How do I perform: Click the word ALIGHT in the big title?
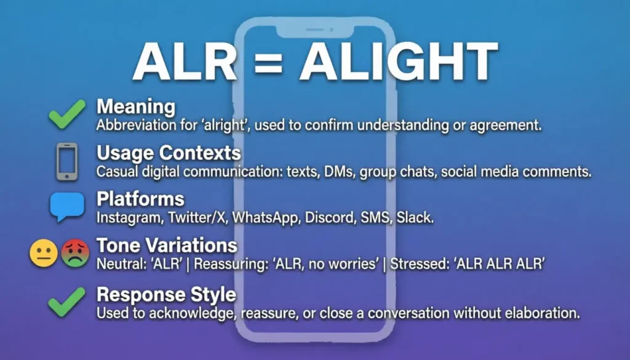click(398, 62)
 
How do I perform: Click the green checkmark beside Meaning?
click(67, 114)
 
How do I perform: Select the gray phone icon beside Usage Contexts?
click(67, 161)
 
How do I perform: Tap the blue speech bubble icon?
click(67, 207)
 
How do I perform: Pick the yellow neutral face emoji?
click(44, 253)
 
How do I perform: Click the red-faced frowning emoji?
click(75, 253)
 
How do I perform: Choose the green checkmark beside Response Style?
click(67, 302)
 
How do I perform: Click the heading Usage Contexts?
click(169, 153)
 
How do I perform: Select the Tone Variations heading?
click(167, 246)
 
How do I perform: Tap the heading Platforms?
click(140, 199)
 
